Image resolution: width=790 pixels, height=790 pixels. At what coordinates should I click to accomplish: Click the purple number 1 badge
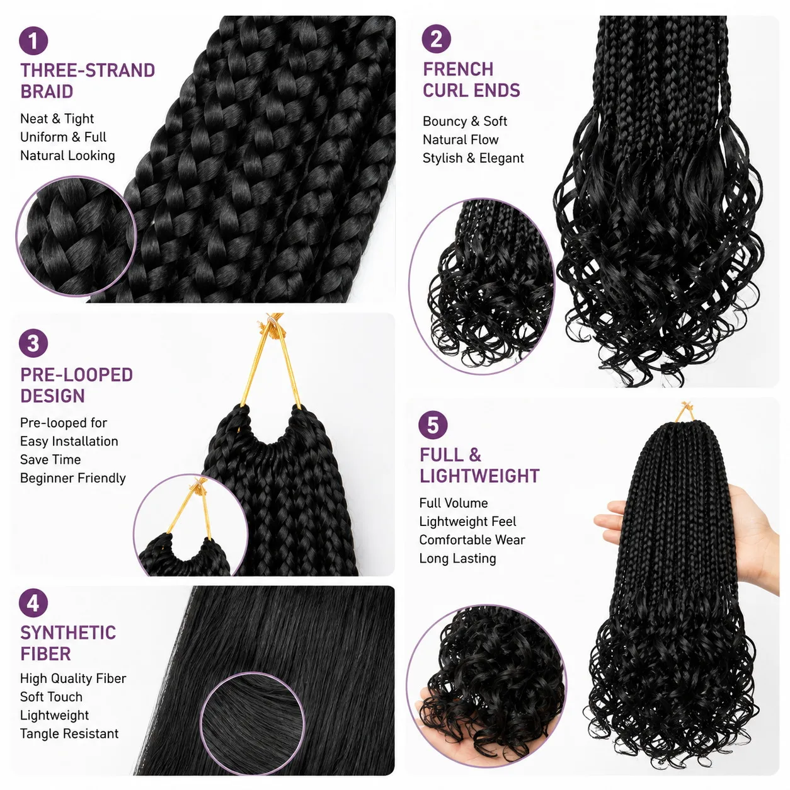pos(33,40)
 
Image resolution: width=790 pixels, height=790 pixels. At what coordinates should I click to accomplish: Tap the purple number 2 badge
pos(436,39)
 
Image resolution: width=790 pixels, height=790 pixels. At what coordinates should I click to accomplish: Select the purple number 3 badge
pos(33,343)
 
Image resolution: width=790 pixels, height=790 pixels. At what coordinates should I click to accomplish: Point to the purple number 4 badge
pos(33,603)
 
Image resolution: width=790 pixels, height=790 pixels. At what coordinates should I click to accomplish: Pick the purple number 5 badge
pos(433,425)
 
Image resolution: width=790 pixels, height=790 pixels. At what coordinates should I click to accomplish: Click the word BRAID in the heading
pos(47,91)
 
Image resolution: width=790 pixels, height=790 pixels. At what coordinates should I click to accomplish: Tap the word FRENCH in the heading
pos(458,69)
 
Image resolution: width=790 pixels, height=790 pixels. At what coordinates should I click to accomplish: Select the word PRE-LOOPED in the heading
pos(77,375)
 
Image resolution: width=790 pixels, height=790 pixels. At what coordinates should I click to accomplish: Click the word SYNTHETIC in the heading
pos(68,633)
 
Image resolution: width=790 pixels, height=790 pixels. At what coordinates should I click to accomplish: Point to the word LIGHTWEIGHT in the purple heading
pos(479,476)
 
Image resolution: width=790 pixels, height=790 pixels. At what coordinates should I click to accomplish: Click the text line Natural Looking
pos(67,156)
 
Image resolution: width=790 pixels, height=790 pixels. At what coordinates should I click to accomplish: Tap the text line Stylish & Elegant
pos(473,158)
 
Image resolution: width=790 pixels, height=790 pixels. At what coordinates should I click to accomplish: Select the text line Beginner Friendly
pos(73,478)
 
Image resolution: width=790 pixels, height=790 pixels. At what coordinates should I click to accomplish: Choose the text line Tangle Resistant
pos(69,733)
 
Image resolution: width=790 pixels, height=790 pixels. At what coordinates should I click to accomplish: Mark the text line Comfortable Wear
pos(472,540)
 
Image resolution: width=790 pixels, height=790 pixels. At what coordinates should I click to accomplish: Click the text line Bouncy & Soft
pos(465,122)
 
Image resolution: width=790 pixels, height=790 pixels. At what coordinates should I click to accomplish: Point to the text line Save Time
pos(50,459)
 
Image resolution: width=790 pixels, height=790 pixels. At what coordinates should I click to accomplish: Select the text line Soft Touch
pos(51,697)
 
